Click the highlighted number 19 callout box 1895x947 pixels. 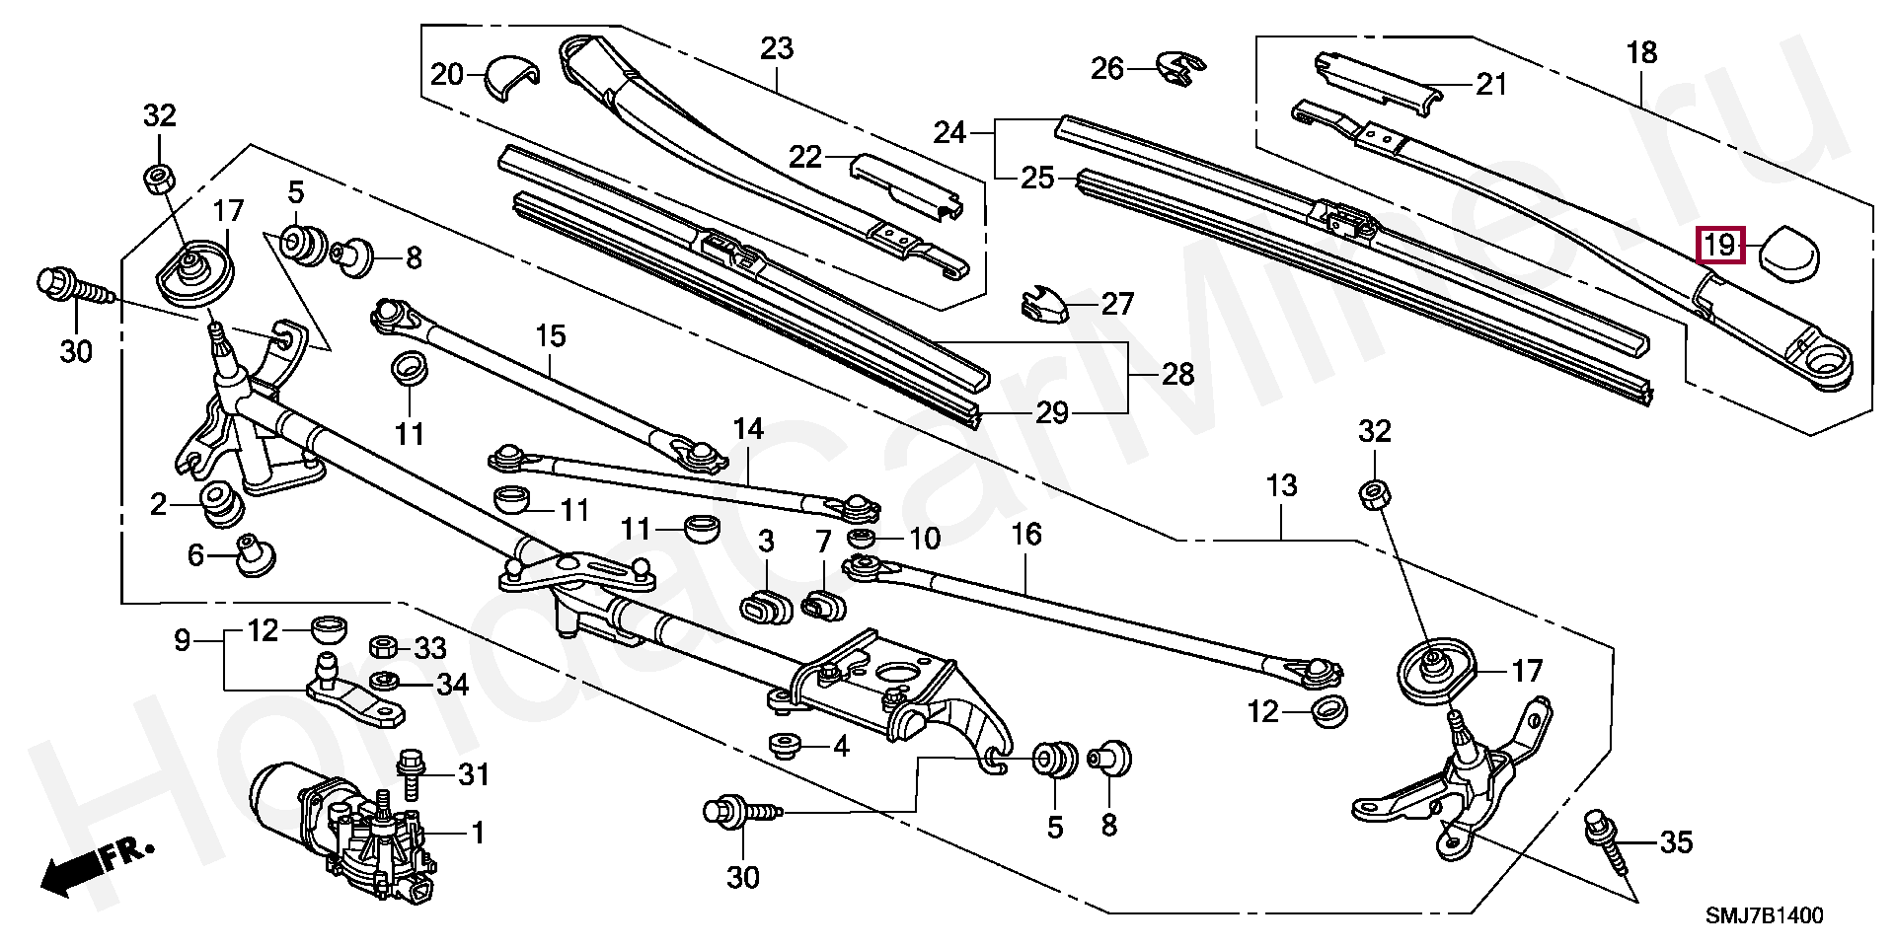coord(1720,245)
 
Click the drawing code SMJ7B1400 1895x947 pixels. coord(1765,914)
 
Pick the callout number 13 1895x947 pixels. coord(1281,487)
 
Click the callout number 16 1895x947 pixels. coord(1026,535)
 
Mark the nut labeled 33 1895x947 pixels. coord(384,647)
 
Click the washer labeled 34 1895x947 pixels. coord(383,682)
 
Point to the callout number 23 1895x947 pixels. coord(777,48)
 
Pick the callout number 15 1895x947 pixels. coord(551,336)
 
